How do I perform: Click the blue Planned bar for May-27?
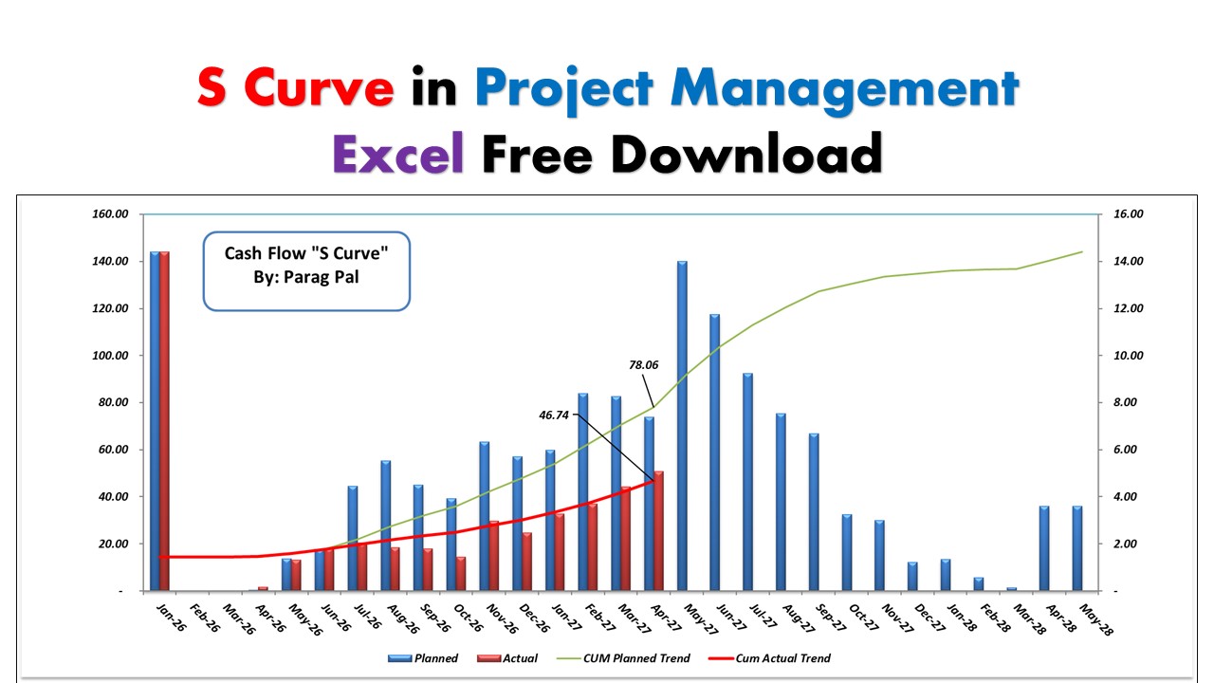click(682, 426)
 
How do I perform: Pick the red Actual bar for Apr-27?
click(659, 531)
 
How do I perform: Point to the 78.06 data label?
click(644, 363)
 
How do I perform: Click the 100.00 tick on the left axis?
click(109, 356)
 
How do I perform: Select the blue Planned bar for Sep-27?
click(814, 512)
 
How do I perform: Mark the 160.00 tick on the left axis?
click(109, 214)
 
